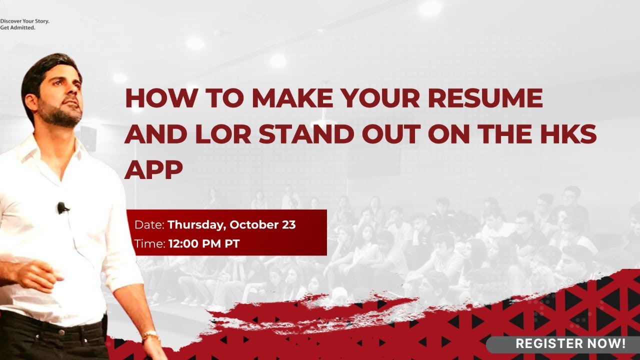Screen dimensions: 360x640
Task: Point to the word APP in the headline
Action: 153,170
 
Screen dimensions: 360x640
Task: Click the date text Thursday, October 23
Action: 231,225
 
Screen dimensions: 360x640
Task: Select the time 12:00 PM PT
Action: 203,244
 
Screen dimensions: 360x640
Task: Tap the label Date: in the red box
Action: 149,225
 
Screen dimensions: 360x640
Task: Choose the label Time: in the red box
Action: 149,244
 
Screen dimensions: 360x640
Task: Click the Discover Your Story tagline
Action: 24,21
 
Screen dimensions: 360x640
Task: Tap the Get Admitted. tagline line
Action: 17,27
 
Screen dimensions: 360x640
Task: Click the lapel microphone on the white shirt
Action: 62,207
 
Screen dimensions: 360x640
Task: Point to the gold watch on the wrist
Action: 149,336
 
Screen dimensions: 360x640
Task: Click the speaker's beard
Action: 62,117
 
